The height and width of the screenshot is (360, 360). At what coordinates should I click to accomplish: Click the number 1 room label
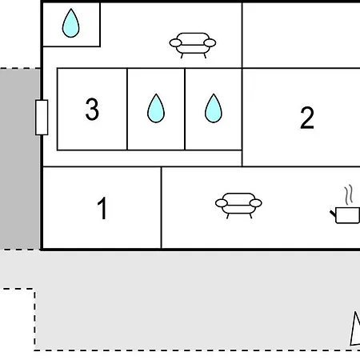click(x=102, y=208)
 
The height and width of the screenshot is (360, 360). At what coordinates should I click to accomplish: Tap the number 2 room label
click(x=307, y=118)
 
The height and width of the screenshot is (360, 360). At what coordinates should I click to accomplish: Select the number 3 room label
click(x=92, y=109)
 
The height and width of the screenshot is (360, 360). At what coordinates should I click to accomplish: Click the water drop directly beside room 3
click(x=156, y=108)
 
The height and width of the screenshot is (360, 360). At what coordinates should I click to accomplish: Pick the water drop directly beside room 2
click(x=214, y=108)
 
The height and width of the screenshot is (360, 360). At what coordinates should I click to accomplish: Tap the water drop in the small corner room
click(x=70, y=23)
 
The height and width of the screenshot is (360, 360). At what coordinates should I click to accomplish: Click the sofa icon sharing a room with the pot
click(x=238, y=206)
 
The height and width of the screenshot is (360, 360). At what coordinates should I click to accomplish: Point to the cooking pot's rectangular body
click(x=347, y=215)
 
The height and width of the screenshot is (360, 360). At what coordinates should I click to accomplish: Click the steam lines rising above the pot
click(x=349, y=195)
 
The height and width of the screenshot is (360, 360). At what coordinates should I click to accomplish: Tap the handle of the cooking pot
click(x=333, y=214)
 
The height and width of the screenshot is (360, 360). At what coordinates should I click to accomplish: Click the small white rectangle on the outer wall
click(x=42, y=118)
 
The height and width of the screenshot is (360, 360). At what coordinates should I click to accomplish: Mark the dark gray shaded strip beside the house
click(x=20, y=159)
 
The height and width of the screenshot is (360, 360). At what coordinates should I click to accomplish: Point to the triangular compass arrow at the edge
click(x=355, y=329)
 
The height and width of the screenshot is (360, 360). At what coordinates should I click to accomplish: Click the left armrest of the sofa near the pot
click(x=222, y=203)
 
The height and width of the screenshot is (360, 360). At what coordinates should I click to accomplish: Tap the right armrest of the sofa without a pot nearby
click(x=210, y=42)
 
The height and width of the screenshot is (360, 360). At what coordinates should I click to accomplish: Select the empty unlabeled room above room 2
click(x=301, y=35)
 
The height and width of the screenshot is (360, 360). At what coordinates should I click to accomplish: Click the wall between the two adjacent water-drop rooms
click(x=185, y=109)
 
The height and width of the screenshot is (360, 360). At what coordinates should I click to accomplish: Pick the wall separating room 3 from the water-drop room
click(x=127, y=109)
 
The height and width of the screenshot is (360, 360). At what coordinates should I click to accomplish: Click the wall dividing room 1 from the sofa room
click(x=161, y=208)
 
